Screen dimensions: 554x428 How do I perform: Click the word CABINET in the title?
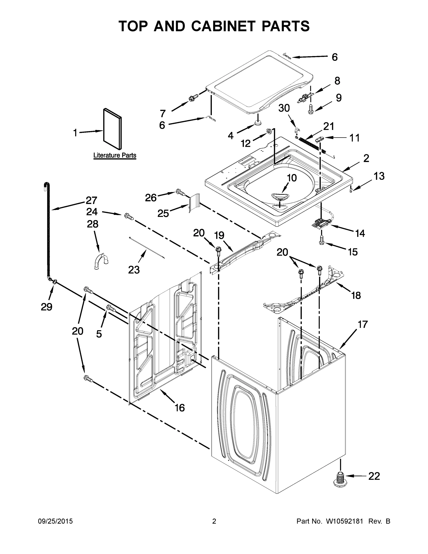pyautogui.click(x=223, y=26)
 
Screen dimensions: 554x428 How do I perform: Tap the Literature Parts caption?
pyautogui.click(x=115, y=155)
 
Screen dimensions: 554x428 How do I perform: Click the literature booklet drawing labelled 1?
pyautogui.click(x=112, y=129)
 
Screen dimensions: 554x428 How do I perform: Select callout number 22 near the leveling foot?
pyautogui.click(x=374, y=476)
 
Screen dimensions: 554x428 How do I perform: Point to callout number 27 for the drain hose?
pyautogui.click(x=92, y=200)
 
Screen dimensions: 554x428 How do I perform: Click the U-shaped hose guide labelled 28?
pyautogui.click(x=101, y=261)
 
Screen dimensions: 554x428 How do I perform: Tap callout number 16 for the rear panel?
pyautogui.click(x=180, y=408)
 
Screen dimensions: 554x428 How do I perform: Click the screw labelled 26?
pyautogui.click(x=180, y=192)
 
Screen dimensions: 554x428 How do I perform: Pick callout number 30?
pyautogui.click(x=284, y=108)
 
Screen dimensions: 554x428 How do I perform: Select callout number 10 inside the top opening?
pyautogui.click(x=292, y=178)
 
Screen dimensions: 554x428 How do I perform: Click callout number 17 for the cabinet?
pyautogui.click(x=362, y=324)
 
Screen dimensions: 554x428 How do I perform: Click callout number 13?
pyautogui.click(x=379, y=176)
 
